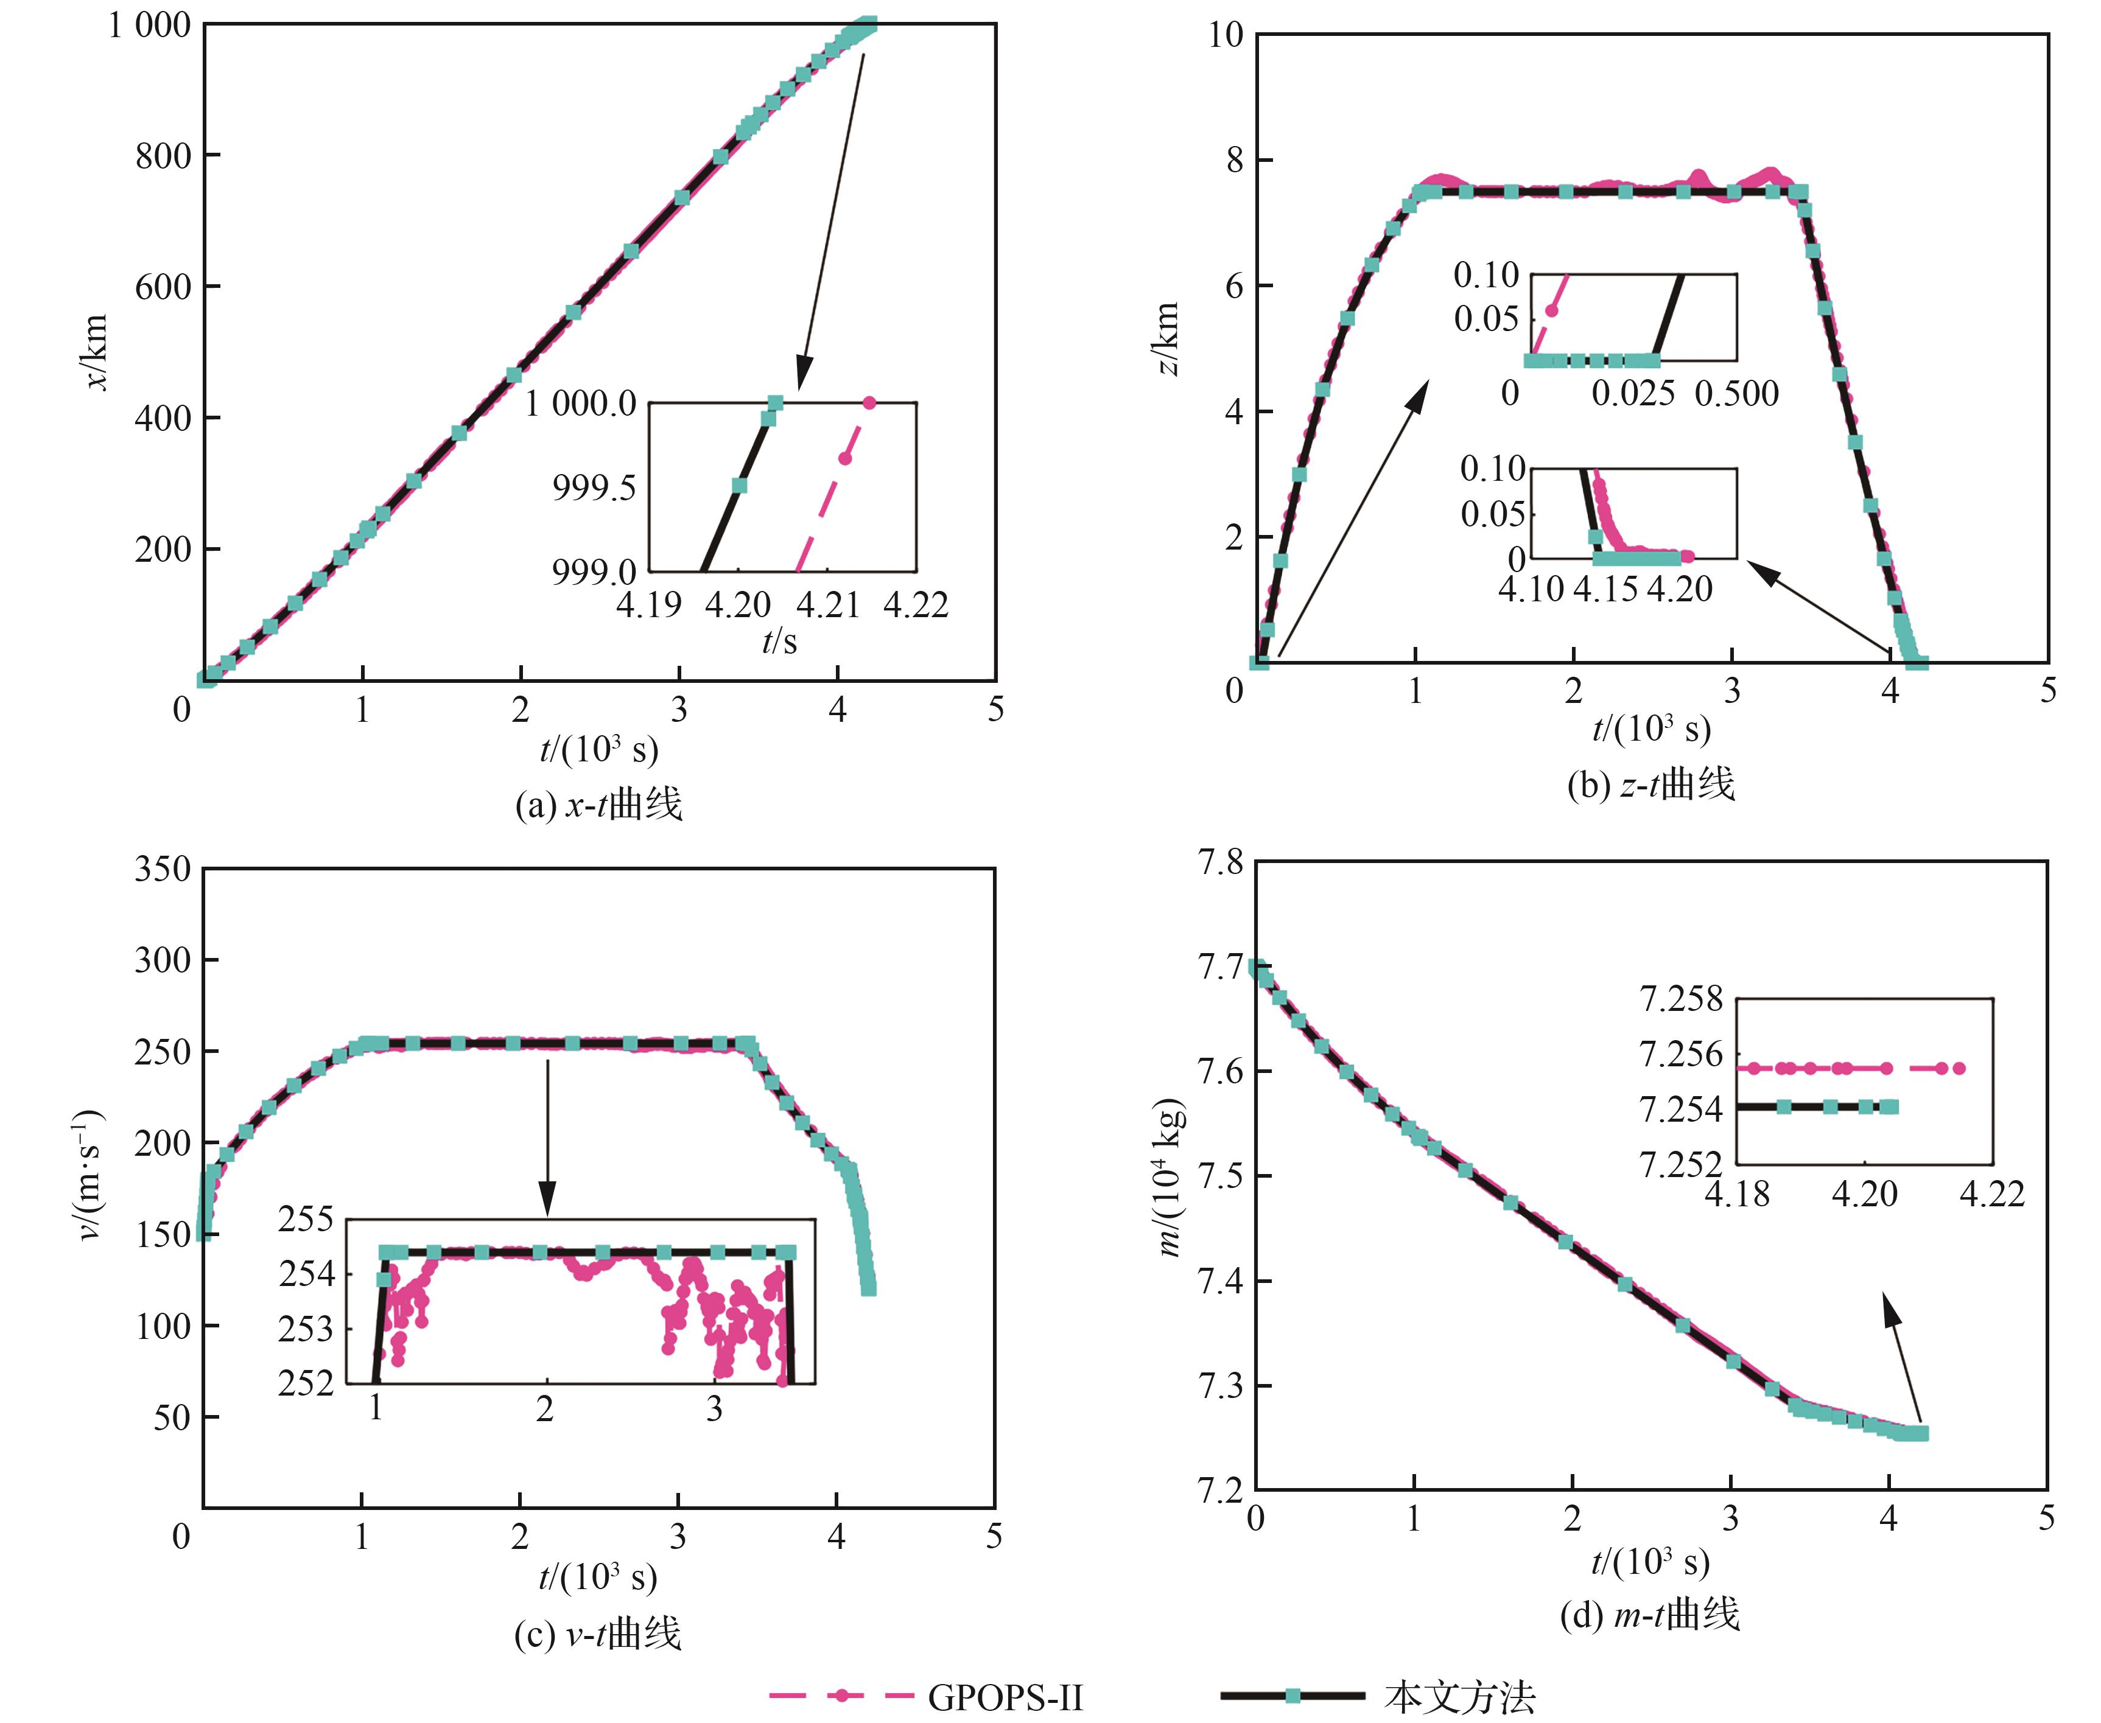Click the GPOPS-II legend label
tap(1005, 1698)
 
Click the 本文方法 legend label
tap(1459, 1698)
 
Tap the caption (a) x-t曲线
tap(598, 804)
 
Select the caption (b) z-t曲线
tap(1651, 784)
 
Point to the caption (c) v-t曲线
tap(598, 1634)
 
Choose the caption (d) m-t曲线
tap(1650, 1615)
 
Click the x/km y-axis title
tap(96, 352)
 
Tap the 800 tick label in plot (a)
tap(163, 156)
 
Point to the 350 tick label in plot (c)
tap(163, 870)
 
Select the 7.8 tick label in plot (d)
tap(1221, 862)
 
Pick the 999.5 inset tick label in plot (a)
tap(594, 488)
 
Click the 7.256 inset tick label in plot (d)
tap(1681, 1055)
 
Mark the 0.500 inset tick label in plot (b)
tap(1736, 394)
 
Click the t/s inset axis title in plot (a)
tap(779, 642)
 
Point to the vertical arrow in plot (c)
tap(547, 1136)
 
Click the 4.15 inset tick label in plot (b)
tap(1605, 590)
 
